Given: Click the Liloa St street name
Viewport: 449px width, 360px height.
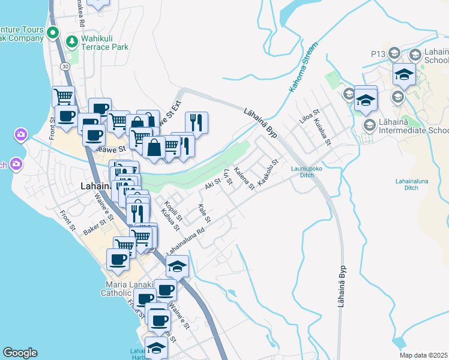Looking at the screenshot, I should coord(310,116).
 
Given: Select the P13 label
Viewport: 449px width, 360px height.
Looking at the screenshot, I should coord(378,54).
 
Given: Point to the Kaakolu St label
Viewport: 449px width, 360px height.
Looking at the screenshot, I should coord(269,172).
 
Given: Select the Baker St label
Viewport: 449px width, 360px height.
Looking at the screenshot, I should coord(95,226).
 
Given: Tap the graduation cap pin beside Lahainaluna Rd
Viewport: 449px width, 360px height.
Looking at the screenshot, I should coord(177,265).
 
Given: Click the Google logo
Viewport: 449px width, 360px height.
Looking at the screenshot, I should coord(20,353).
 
